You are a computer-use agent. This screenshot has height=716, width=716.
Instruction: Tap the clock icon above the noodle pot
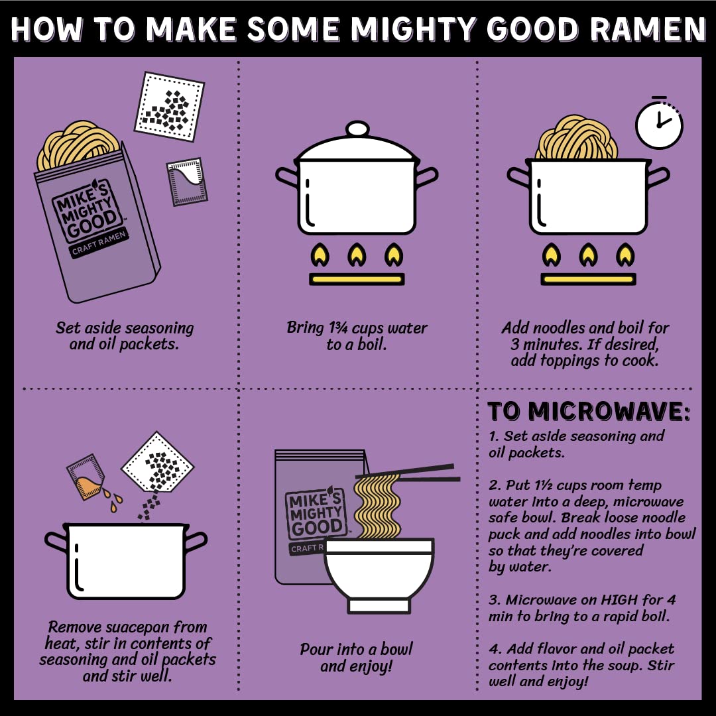click(658, 124)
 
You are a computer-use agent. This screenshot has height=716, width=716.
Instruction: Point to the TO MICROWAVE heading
click(589, 412)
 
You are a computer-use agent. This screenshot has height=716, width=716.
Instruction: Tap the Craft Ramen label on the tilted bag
click(99, 244)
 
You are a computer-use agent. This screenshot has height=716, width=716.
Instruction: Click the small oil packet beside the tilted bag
click(187, 181)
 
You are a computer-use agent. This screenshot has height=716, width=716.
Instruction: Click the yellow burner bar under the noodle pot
click(589, 278)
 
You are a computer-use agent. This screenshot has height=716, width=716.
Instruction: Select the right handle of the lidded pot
click(426, 177)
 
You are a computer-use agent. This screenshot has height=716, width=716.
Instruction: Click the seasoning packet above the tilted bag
click(169, 106)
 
